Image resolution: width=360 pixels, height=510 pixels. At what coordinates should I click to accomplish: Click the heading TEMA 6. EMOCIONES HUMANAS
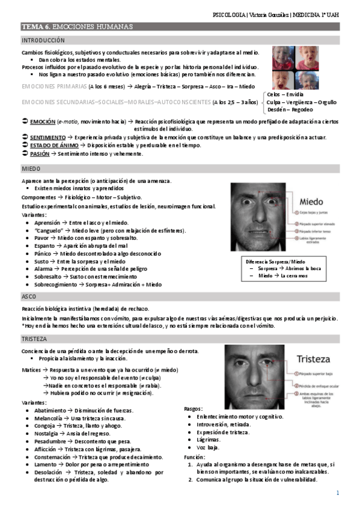point(77,27)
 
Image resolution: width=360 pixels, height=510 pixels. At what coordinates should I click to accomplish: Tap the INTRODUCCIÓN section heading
point(43,40)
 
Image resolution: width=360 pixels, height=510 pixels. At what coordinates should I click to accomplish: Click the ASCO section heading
point(29,297)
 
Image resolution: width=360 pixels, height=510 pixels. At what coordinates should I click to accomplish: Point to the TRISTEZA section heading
point(34,339)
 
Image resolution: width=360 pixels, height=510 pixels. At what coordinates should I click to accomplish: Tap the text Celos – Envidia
point(285,95)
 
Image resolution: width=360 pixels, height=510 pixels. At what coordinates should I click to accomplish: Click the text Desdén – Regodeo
point(290,110)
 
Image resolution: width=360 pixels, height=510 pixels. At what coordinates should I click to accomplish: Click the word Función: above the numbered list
point(195,457)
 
